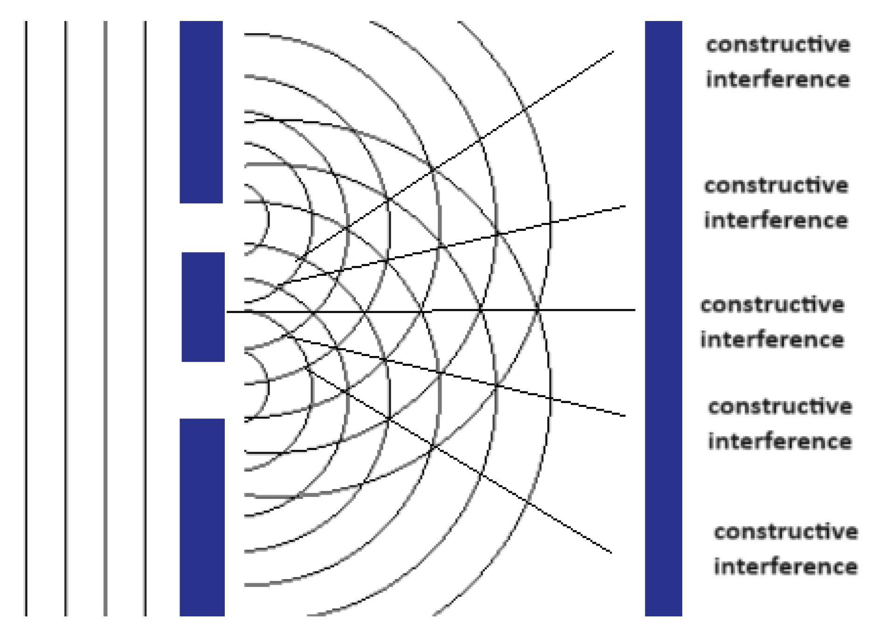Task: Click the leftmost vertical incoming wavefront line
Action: click(x=26, y=317)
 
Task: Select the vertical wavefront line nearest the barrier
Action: click(x=145, y=317)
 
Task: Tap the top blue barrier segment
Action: click(x=201, y=112)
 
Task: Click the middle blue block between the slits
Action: click(x=203, y=307)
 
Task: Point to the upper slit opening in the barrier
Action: click(x=201, y=228)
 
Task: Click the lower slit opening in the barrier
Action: click(x=202, y=390)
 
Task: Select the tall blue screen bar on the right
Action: click(x=663, y=317)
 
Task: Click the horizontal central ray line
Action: click(x=583, y=310)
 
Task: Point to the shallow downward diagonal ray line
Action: click(x=583, y=406)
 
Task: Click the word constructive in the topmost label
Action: click(x=778, y=45)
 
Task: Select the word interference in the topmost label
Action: click(x=778, y=79)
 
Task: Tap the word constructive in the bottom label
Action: click(x=786, y=532)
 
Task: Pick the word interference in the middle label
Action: click(x=772, y=340)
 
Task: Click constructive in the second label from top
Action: click(x=776, y=186)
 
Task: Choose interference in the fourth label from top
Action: click(x=780, y=441)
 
